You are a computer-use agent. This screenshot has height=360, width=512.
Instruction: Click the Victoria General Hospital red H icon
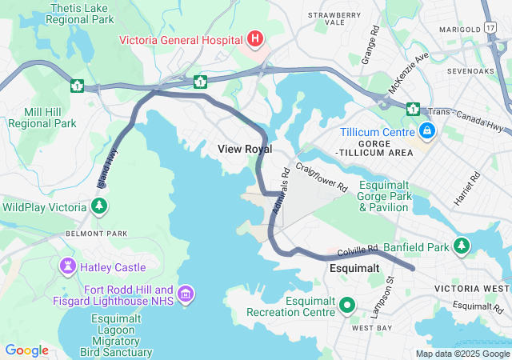tap(254, 38)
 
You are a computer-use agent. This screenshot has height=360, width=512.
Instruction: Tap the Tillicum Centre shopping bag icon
tap(427, 130)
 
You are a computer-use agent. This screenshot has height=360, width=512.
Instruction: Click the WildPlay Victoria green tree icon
tap(98, 206)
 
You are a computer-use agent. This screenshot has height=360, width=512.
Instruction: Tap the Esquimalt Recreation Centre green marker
tap(347, 305)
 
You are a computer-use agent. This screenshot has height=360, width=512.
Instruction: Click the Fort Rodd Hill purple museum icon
tap(186, 295)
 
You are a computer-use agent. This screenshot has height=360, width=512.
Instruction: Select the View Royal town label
tap(245, 149)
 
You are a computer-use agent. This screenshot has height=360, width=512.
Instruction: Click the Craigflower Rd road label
tap(322, 176)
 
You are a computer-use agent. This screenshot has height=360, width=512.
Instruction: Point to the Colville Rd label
tap(357, 252)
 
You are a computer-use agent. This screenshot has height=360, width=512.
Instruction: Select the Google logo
tap(26, 350)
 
